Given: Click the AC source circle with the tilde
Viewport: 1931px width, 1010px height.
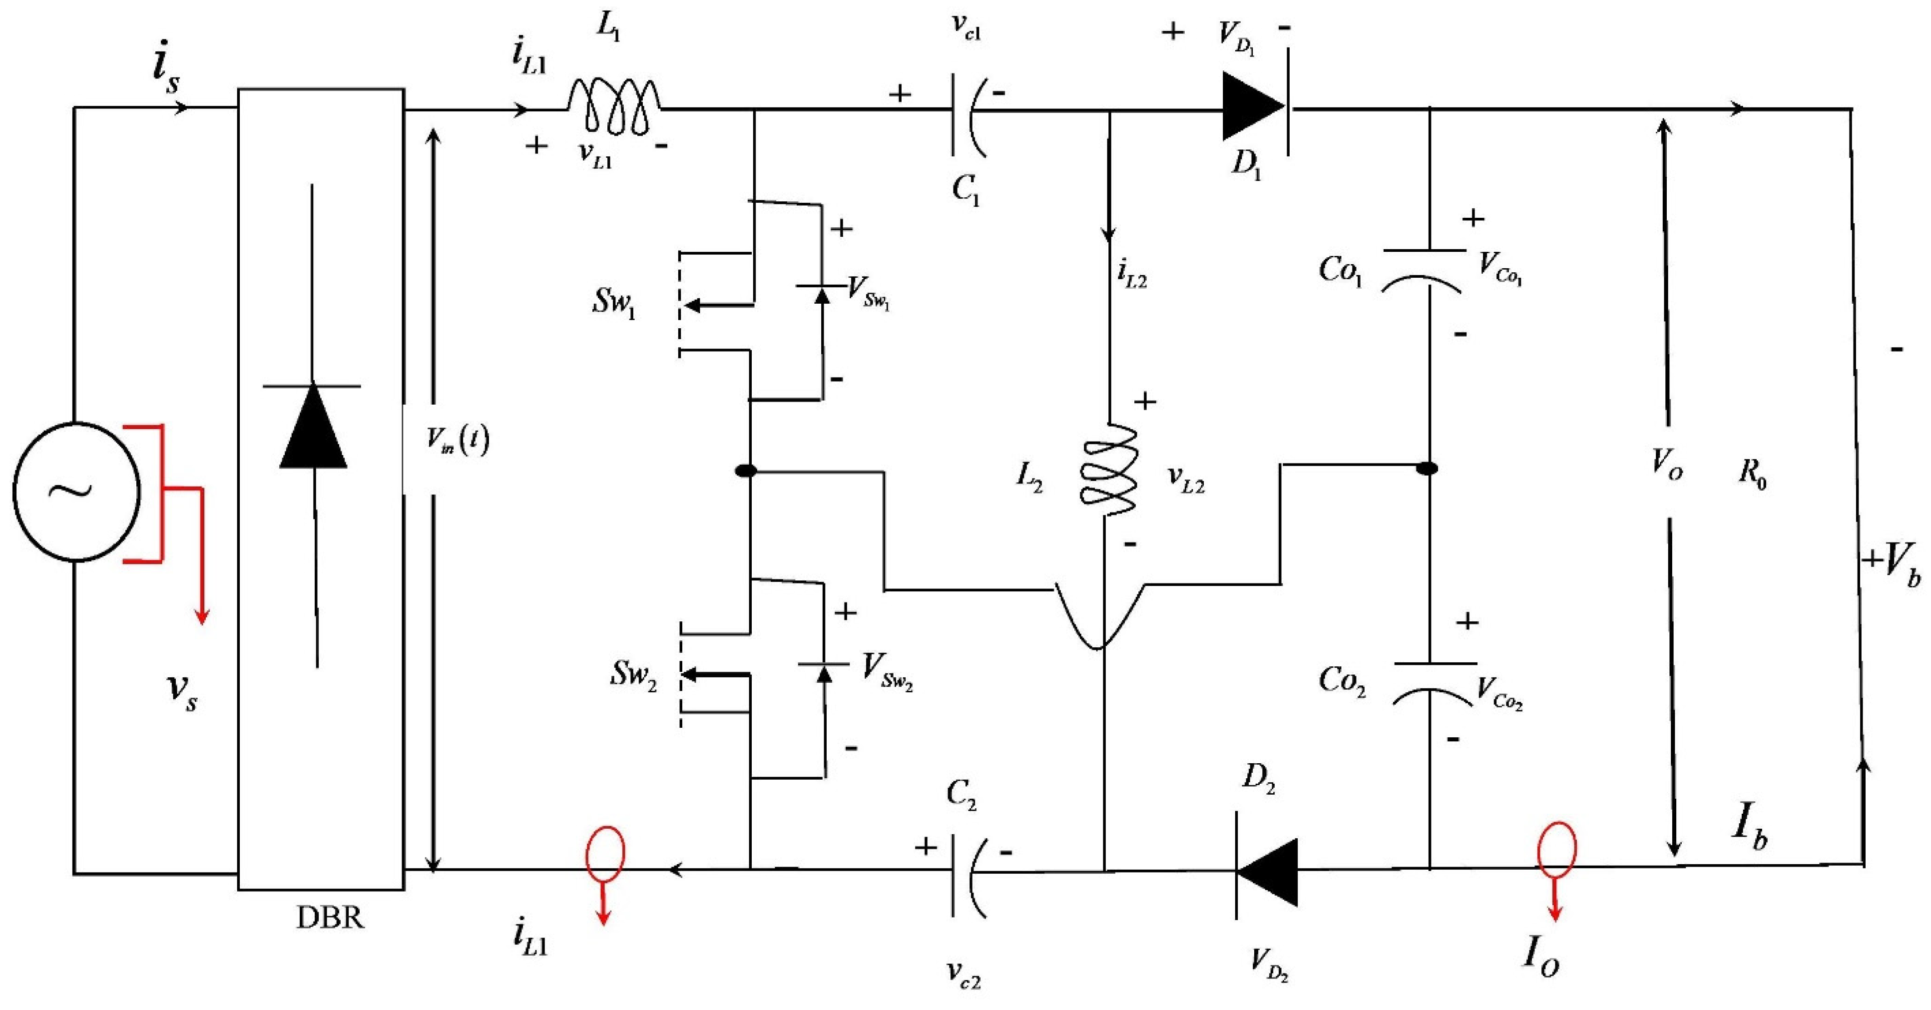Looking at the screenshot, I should coord(76,491).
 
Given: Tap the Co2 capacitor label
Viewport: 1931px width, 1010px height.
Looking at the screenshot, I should coord(1342,681).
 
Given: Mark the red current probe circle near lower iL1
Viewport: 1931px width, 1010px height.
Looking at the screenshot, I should coord(604,854).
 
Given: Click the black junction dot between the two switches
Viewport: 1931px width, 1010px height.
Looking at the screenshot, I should coord(746,471).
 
